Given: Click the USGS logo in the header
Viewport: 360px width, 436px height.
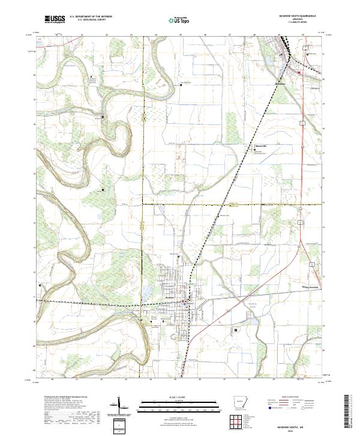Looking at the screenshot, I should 55,20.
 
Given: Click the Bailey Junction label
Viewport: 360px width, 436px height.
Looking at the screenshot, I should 314,287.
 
